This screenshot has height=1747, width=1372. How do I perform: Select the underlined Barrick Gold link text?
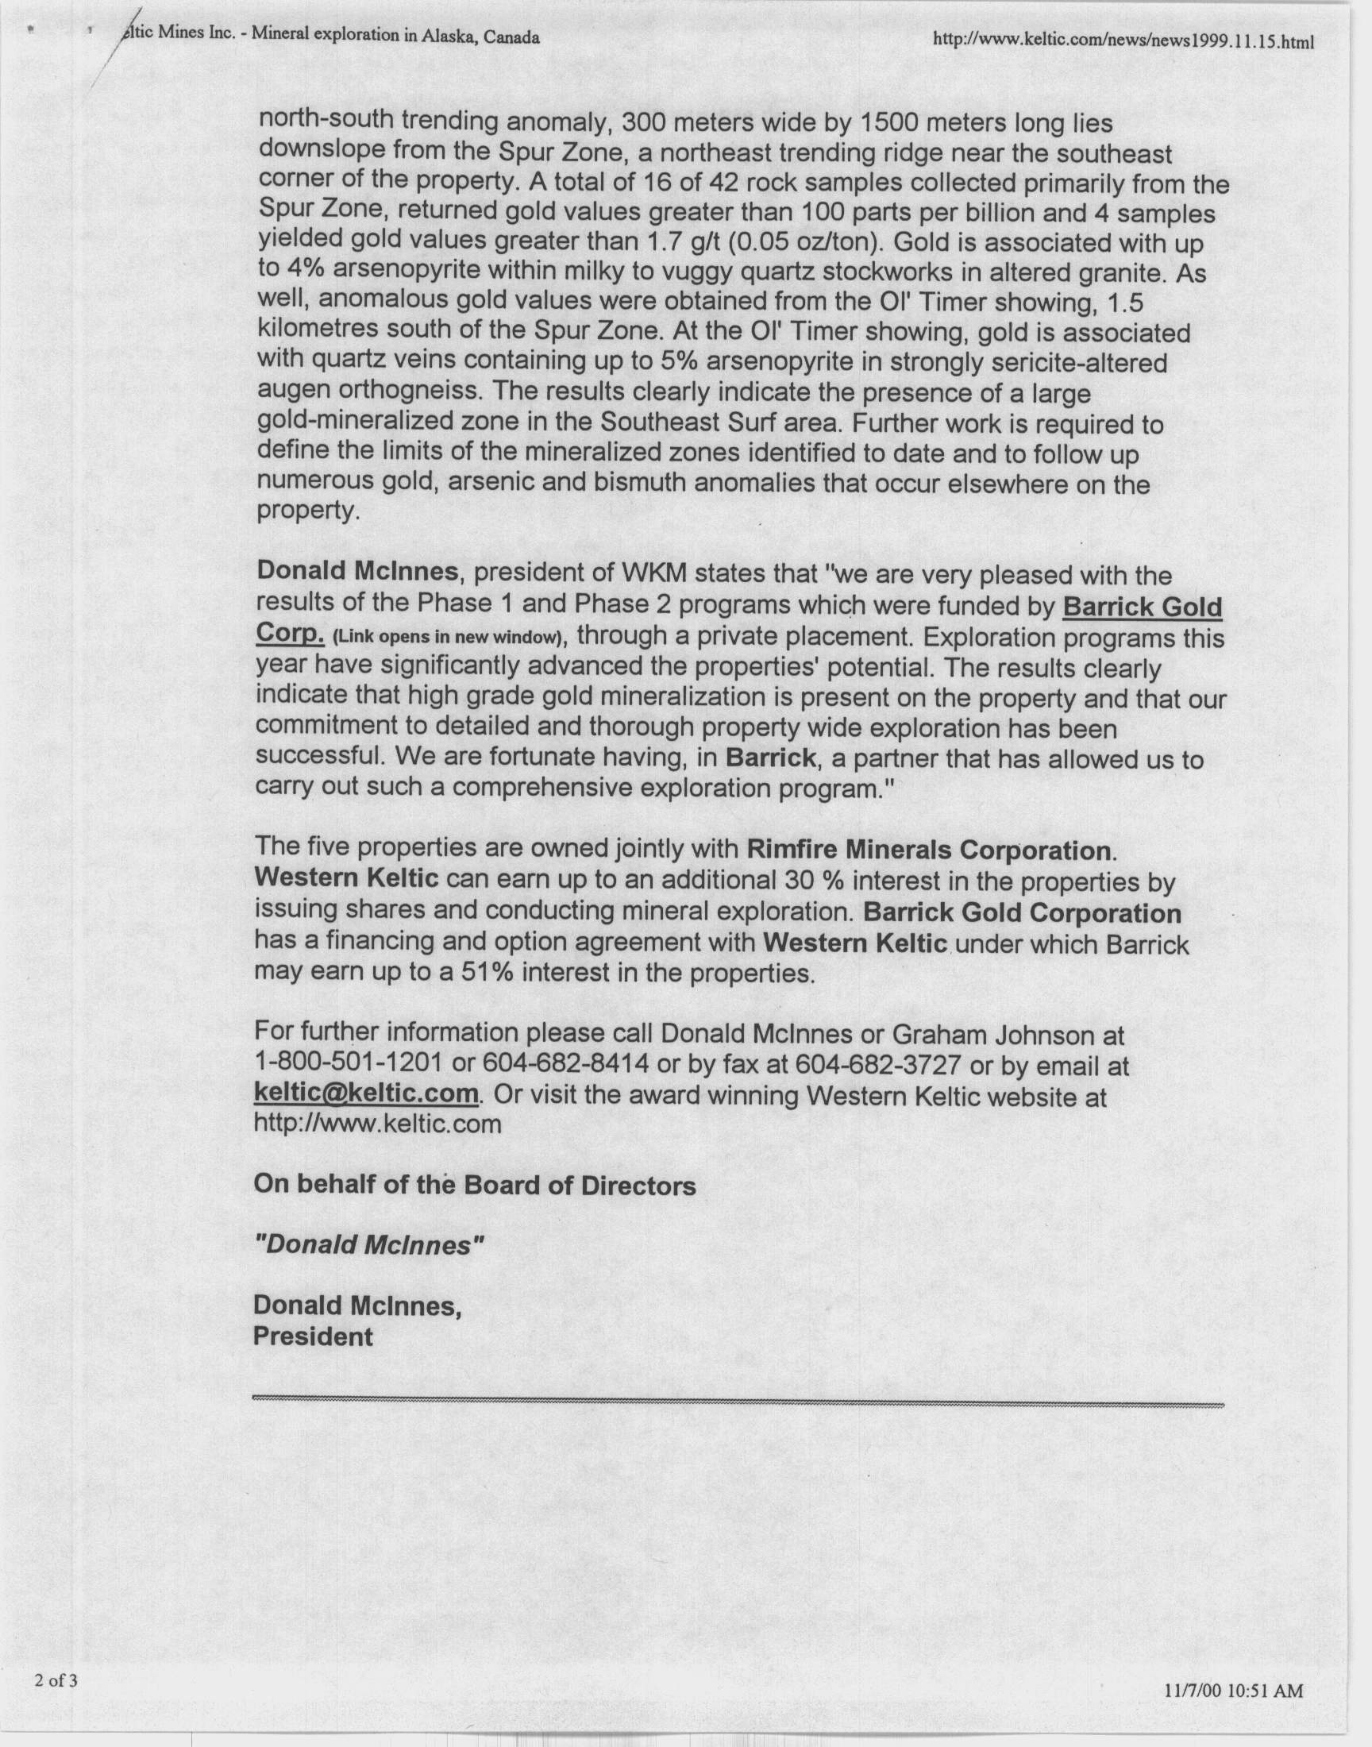coord(1142,607)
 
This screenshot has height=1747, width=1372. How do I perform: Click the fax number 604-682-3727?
coord(877,1065)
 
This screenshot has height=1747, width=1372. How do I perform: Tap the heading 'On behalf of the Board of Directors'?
coord(475,1186)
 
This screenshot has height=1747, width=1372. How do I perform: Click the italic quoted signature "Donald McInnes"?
coord(369,1245)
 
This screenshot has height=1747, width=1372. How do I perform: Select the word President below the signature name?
coord(314,1336)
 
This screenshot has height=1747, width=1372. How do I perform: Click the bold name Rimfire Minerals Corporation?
coord(930,850)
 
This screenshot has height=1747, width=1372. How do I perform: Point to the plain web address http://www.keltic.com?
coord(378,1123)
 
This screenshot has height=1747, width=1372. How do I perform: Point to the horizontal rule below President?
coord(738,1402)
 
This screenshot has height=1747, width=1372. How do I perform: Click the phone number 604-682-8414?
coord(565,1064)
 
